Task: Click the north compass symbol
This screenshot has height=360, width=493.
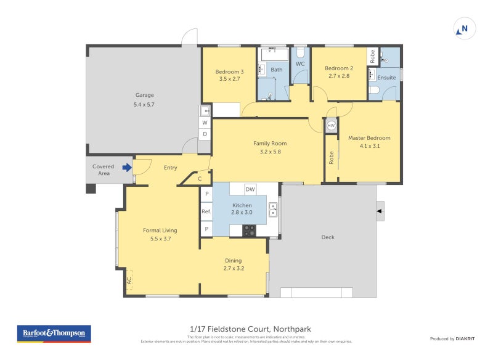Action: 464,28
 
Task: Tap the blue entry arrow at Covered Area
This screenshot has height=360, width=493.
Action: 127,167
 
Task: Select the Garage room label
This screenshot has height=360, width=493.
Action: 145,95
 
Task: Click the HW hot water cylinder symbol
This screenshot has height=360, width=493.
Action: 331,125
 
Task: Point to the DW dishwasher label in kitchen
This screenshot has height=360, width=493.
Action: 250,189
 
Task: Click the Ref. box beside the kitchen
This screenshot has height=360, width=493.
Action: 206,211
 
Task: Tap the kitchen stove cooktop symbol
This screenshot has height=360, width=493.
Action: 249,231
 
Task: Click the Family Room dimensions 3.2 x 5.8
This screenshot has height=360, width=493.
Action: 270,152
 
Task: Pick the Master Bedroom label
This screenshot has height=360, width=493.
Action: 369,138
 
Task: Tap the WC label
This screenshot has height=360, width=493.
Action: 300,64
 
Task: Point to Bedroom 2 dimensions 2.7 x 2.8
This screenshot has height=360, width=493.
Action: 338,76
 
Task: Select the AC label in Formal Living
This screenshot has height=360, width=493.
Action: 129,279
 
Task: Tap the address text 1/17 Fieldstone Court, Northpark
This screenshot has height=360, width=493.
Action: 245,329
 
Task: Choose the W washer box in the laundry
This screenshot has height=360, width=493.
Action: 205,122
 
